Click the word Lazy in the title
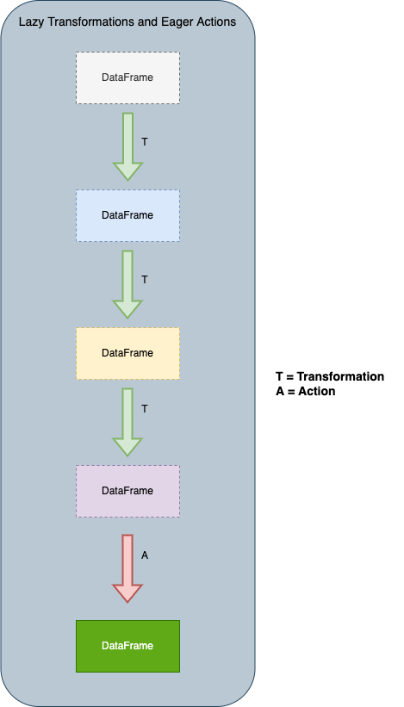point(31,22)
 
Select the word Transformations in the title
point(90,22)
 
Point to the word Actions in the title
point(215,22)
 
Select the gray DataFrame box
point(127,78)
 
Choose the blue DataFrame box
point(127,215)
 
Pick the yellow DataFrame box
point(127,353)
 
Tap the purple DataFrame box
point(127,491)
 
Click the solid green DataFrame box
point(127,646)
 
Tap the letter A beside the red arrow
point(145,555)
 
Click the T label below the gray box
point(145,142)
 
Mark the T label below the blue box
point(145,280)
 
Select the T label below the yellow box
point(145,409)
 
